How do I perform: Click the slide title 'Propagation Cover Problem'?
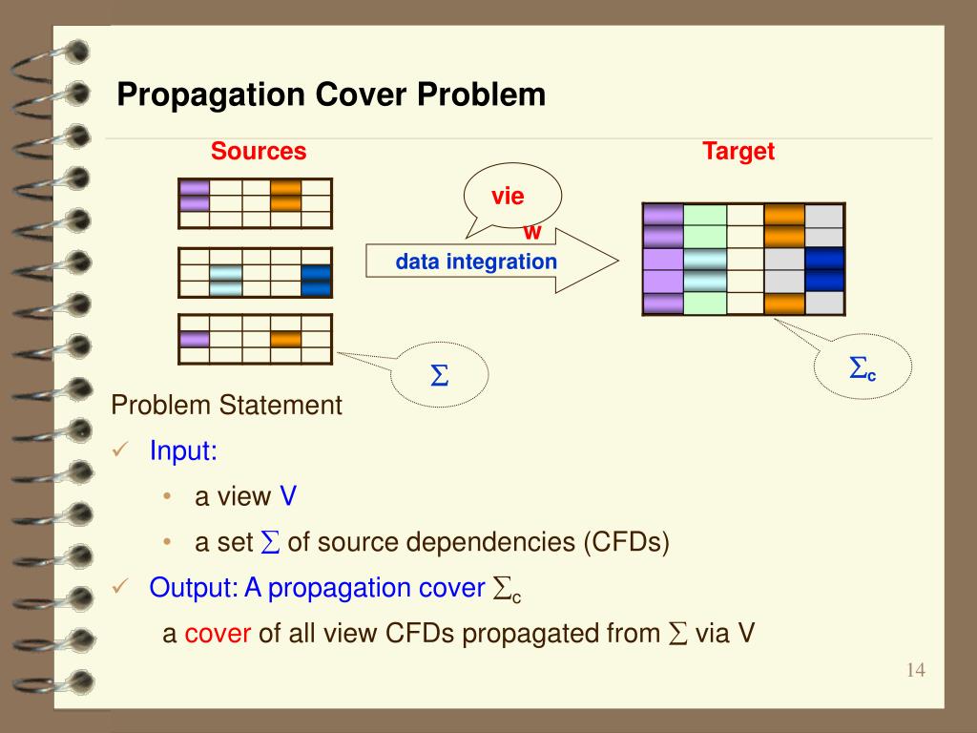[331, 95]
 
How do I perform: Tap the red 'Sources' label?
[259, 151]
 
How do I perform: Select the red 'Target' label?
[738, 151]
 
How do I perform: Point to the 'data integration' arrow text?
[476, 261]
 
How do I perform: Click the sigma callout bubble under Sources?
[440, 376]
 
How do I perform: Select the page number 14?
[916, 670]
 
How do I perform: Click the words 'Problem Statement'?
[227, 406]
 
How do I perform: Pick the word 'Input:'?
[183, 450]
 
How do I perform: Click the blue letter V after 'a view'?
[288, 497]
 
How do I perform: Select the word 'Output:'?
[193, 588]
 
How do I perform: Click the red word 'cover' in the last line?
[218, 634]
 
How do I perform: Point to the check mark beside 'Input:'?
[120, 450]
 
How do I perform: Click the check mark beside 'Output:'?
[120, 588]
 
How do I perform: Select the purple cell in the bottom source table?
[195, 339]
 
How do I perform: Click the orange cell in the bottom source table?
[285, 339]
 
